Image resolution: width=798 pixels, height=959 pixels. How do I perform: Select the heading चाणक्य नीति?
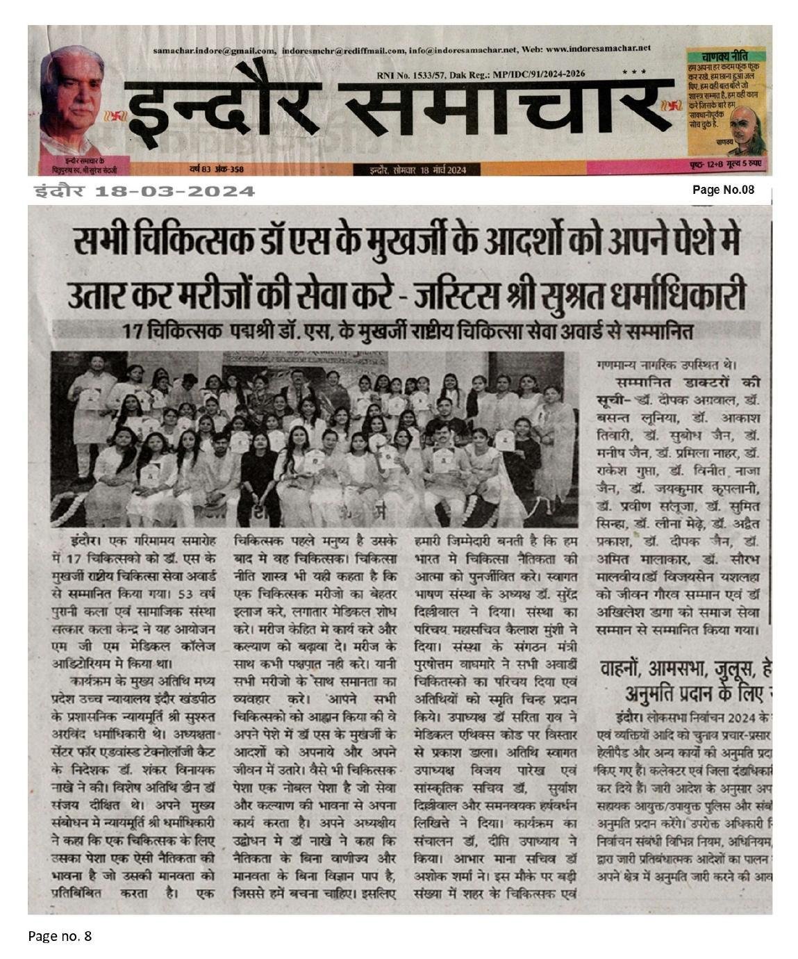724,55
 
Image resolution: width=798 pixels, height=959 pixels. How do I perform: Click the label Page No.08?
723,190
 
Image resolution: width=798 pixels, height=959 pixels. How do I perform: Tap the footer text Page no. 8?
60,936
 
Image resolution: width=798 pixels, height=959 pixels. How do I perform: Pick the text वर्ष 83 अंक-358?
215,169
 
